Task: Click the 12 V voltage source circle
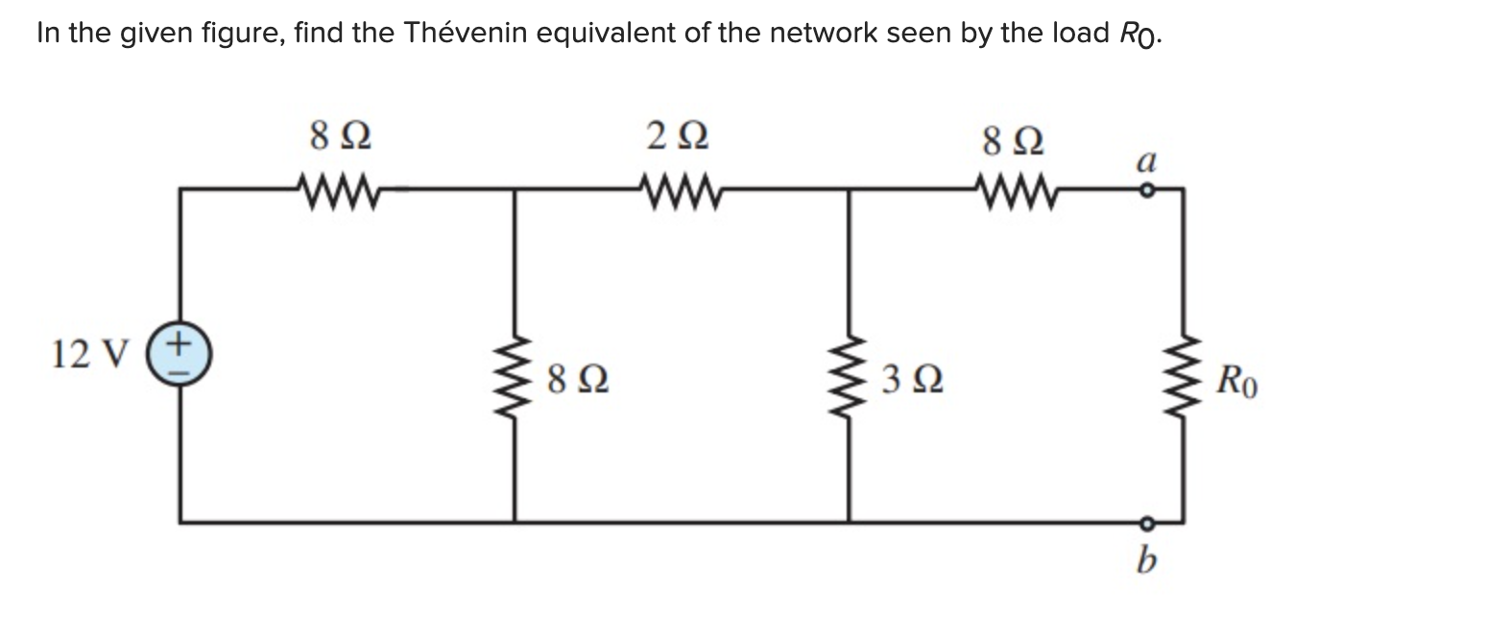pos(180,356)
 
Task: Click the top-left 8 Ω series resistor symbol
pos(343,189)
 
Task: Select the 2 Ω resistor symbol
pos(677,189)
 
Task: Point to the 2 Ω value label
pos(677,137)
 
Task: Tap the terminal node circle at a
pos(1144,190)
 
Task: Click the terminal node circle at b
pos(1144,523)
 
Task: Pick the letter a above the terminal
pos(1144,162)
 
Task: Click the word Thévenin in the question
pos(455,34)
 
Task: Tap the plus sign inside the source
pos(180,342)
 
